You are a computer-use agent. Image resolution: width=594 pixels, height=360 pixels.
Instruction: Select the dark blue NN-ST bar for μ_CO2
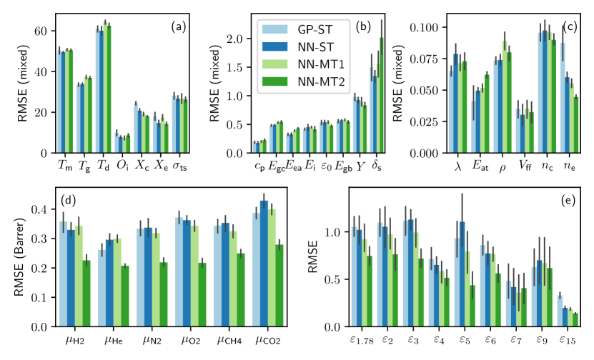264,264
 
